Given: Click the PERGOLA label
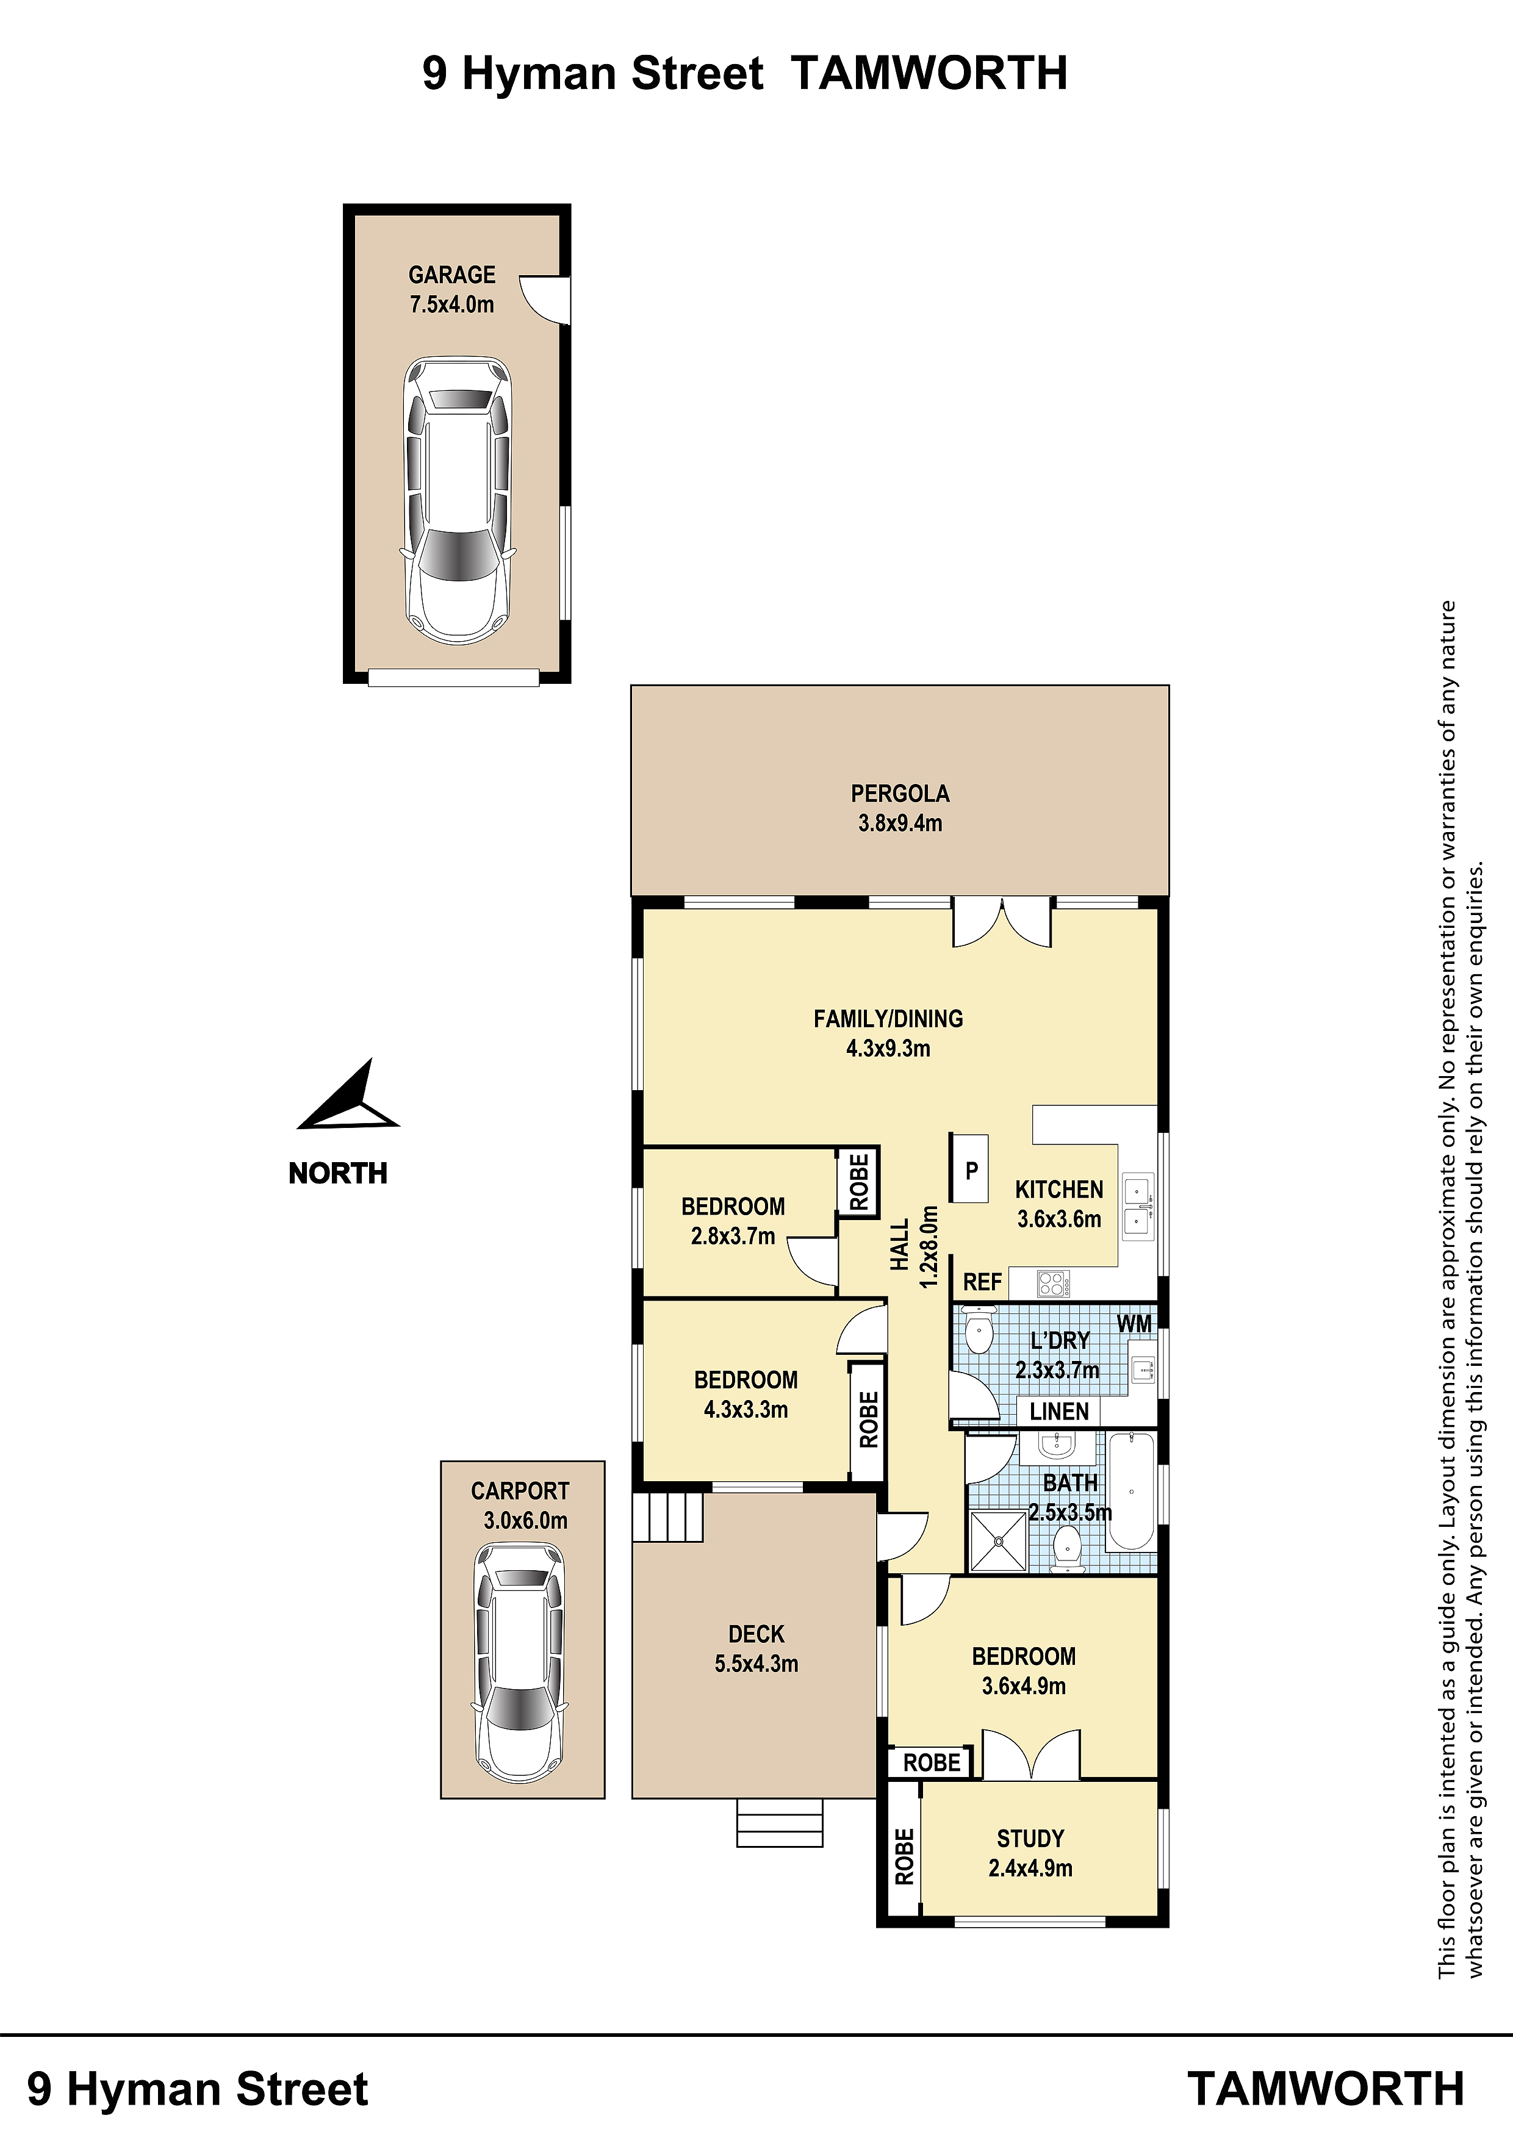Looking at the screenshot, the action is (900, 793).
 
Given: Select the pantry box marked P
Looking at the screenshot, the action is (969, 1168).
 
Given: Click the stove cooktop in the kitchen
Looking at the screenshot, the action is (1054, 1284).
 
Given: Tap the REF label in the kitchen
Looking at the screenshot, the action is (982, 1282).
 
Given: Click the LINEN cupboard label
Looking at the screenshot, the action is (1059, 1411).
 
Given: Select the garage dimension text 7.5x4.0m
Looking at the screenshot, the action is (452, 304).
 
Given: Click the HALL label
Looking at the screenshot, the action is (900, 1245).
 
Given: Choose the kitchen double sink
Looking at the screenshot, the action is (1137, 1207).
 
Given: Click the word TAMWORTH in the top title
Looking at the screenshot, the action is (929, 73).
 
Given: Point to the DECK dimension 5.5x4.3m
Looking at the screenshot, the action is (756, 1664).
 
